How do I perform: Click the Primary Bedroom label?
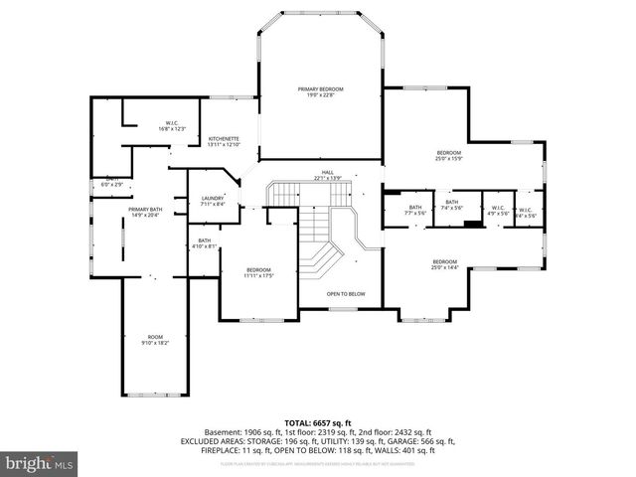tap(319, 89)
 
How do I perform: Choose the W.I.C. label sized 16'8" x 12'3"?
tap(172, 124)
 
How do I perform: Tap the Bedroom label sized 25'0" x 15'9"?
tap(449, 152)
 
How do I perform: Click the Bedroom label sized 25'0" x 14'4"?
tap(444, 262)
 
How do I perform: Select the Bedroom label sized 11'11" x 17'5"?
tap(258, 269)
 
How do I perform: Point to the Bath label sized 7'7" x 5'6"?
tap(413, 208)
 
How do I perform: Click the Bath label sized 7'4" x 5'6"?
tap(452, 203)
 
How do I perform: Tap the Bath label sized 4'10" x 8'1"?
tap(204, 240)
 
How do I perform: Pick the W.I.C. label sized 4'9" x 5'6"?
tap(497, 209)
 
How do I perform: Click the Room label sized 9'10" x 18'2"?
tap(155, 337)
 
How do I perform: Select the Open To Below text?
tap(346, 294)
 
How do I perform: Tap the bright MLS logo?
tap(40, 463)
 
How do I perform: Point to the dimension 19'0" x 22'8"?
tap(319, 95)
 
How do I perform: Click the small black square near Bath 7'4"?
tap(468, 222)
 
